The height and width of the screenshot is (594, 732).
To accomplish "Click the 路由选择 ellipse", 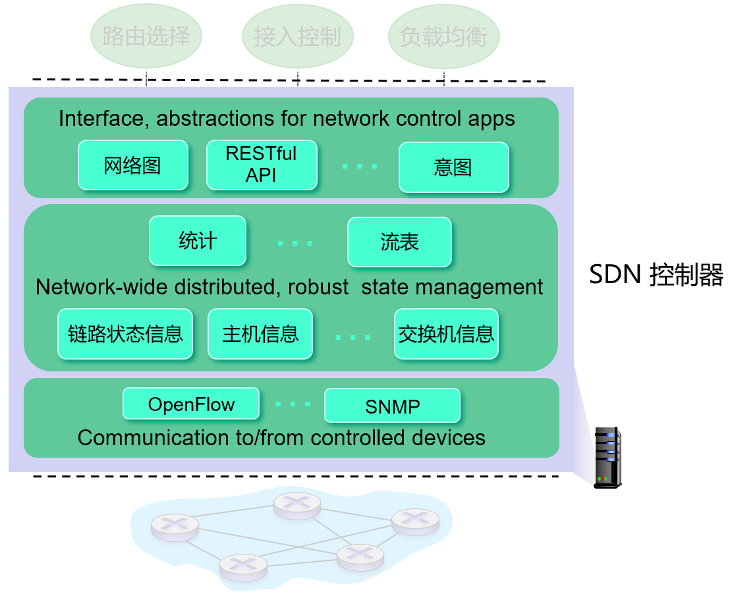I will [x=146, y=36].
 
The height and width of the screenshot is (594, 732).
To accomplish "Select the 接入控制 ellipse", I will [x=298, y=36].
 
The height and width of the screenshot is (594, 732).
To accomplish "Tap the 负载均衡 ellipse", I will [x=443, y=36].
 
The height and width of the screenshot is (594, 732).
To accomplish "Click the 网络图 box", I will [x=132, y=165].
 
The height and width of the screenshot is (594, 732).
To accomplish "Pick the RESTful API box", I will [x=262, y=165].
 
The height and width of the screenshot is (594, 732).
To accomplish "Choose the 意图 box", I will [x=453, y=167].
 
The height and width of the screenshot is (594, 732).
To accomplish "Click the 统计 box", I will [x=198, y=240].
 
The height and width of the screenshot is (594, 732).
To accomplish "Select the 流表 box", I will [x=399, y=242].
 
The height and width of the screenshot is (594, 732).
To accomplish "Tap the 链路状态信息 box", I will [x=125, y=333].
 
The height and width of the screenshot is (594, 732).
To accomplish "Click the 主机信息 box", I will [x=260, y=334].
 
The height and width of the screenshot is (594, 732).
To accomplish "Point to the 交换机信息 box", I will [x=446, y=334].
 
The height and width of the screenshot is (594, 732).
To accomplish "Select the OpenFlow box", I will [x=191, y=404].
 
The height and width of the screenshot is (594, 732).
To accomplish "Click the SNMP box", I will [x=392, y=406].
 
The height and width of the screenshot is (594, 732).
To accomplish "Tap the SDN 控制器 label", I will [x=656, y=275].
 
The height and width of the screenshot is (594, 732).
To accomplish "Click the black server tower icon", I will [x=607, y=457].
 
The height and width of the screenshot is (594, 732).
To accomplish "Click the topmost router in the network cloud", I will [x=298, y=505].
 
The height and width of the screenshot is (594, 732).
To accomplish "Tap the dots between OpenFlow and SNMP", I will [x=292, y=404].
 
